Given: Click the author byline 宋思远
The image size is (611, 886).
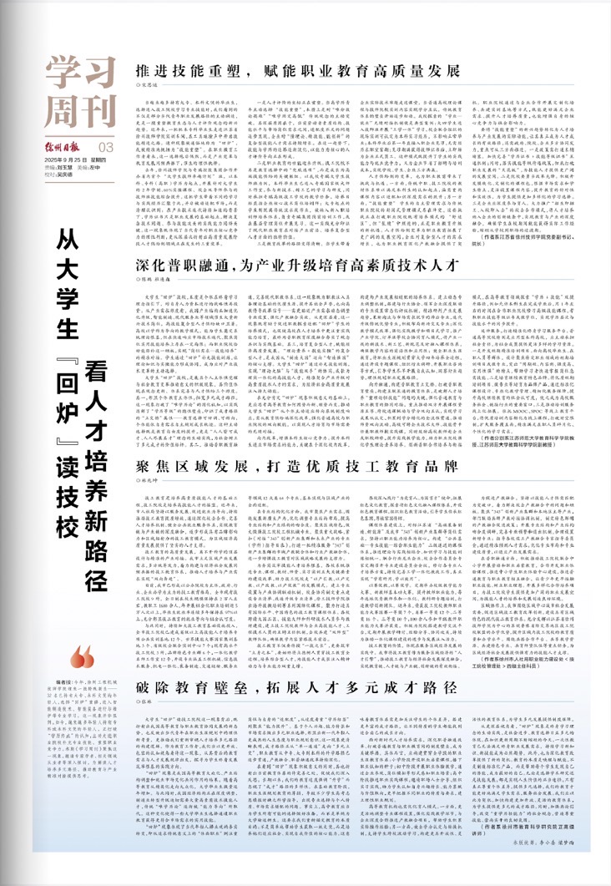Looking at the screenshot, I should click(x=148, y=84).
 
